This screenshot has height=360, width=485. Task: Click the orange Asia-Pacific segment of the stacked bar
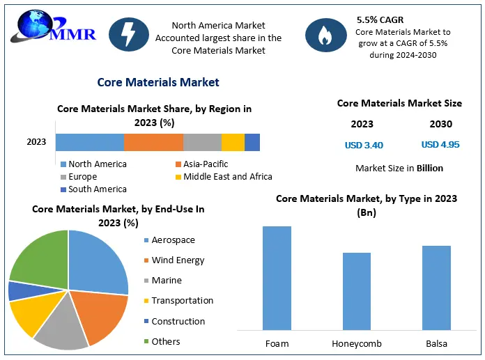click(x=153, y=142)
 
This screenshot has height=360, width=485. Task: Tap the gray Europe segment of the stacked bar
click(x=202, y=142)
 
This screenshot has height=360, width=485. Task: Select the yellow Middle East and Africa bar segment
click(x=233, y=142)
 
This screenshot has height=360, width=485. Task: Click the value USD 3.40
click(x=364, y=146)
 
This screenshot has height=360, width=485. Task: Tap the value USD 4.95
click(x=440, y=145)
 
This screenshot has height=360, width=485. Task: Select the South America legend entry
click(x=97, y=189)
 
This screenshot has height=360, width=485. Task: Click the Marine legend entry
click(x=166, y=281)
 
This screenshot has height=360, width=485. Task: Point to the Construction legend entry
click(x=178, y=321)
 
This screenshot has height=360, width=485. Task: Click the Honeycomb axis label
click(x=357, y=344)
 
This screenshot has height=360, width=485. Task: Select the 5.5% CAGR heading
click(x=381, y=20)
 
